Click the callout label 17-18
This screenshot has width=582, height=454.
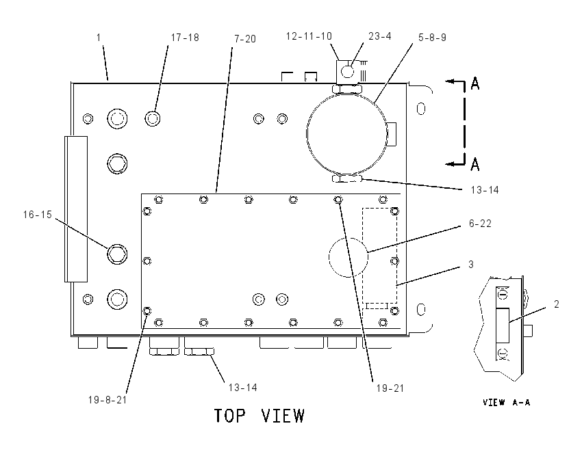coord(185,38)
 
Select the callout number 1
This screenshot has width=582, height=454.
coord(99,38)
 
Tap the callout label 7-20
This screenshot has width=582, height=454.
coord(245,39)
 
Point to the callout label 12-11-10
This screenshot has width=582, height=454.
coord(309,36)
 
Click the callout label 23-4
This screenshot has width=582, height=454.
coord(380,36)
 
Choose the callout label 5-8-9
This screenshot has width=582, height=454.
coord(433,38)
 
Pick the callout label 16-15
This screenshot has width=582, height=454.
coord(38,215)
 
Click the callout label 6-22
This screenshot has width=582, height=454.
coord(480,224)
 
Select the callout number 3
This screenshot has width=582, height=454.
coord(471,264)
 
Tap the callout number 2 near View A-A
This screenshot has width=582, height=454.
coord(557,304)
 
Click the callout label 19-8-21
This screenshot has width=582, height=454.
coord(107,400)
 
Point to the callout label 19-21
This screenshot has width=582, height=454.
coord(390,388)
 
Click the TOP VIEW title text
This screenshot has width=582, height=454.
coord(260,416)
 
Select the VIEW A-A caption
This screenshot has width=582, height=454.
coord(506,403)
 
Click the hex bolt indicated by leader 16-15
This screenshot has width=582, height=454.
coord(117,254)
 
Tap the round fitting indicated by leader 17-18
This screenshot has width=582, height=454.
coord(153,118)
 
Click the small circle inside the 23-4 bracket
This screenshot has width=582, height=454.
coord(347,72)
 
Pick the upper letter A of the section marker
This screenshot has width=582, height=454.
coord(475,83)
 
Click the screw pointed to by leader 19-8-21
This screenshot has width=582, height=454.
coord(147,310)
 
